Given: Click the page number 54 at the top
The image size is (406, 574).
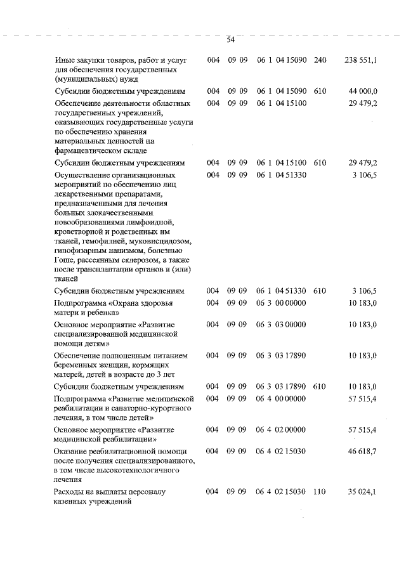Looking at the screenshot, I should (x=230, y=39).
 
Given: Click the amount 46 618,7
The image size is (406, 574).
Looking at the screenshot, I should (x=363, y=450).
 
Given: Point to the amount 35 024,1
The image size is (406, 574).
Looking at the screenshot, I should (x=363, y=492).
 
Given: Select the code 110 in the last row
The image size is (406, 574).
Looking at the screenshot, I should (x=320, y=492).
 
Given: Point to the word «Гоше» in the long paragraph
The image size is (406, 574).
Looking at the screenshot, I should (x=65, y=260).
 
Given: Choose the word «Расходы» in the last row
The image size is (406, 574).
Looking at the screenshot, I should (x=70, y=492).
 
